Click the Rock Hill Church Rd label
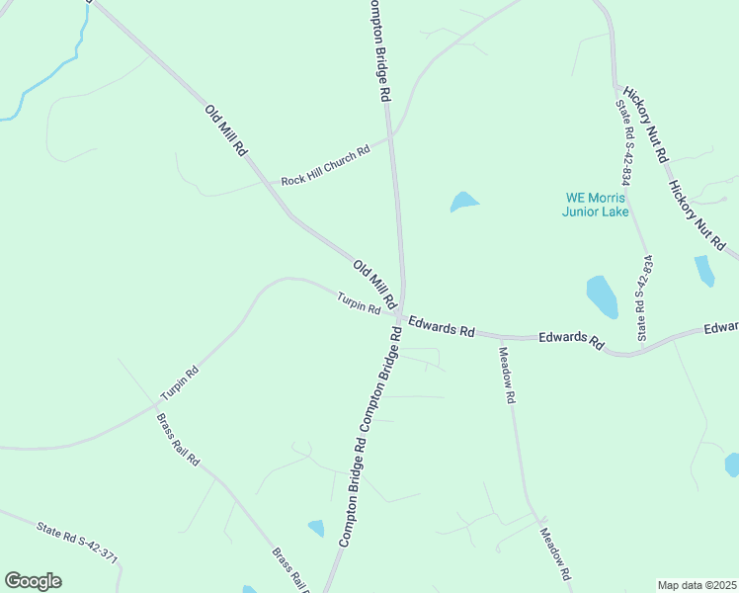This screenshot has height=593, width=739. pos(325,166)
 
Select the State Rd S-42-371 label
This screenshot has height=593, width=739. pos(77,544)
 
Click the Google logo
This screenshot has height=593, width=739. pos(33,581)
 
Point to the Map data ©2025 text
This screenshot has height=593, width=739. pos(697,585)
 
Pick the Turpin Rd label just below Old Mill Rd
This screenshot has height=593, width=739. pos(358,303)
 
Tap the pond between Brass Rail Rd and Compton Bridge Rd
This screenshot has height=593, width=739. pos(315,528)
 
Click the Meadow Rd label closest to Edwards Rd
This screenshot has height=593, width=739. pos(508,376)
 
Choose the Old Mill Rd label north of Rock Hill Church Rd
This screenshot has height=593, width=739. pos(225,130)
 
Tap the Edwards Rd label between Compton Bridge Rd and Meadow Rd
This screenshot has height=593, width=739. pos(442,327)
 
